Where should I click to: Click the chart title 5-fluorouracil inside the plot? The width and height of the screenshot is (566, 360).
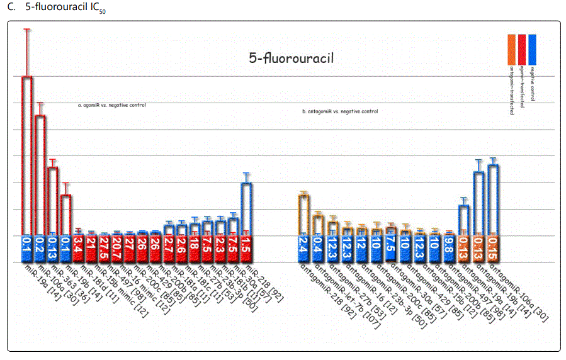click(291, 59)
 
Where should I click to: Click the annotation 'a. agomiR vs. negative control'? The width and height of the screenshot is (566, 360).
click(111, 105)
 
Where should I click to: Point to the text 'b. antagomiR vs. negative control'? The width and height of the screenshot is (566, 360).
click(340, 111)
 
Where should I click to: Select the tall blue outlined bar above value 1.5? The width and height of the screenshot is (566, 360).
click(247, 208)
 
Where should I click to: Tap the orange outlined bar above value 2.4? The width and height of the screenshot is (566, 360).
click(303, 214)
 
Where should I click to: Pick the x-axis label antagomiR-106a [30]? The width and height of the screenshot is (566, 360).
click(519, 292)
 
